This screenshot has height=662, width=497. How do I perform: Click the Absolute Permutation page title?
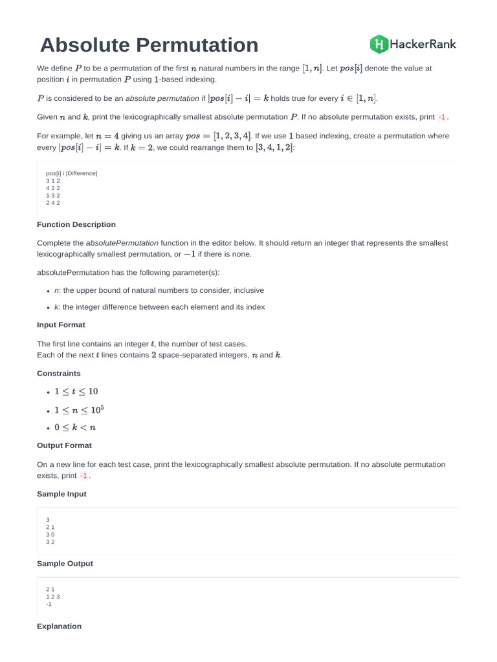coord(149,45)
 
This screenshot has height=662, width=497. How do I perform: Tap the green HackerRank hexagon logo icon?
coord(379,44)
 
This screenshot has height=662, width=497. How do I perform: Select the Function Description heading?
coord(76,224)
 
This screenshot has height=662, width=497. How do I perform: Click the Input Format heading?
coord(61,325)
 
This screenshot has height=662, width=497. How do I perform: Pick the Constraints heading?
coord(59,373)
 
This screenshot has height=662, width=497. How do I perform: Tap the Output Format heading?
coord(64,445)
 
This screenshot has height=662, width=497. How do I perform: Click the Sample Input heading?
coord(61,494)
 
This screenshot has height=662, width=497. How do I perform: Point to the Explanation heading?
coord(60,626)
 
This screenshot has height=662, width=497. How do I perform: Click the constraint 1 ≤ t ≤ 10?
coord(76,391)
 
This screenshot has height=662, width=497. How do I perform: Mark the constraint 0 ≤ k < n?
coord(76,427)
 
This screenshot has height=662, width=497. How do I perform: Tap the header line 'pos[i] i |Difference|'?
coord(71,174)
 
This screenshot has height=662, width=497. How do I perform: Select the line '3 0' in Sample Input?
coord(50,535)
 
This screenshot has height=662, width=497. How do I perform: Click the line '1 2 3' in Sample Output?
coord(52,596)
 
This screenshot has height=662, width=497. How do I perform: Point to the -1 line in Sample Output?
coord(49,604)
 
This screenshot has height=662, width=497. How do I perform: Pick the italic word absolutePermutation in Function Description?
coord(122,243)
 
